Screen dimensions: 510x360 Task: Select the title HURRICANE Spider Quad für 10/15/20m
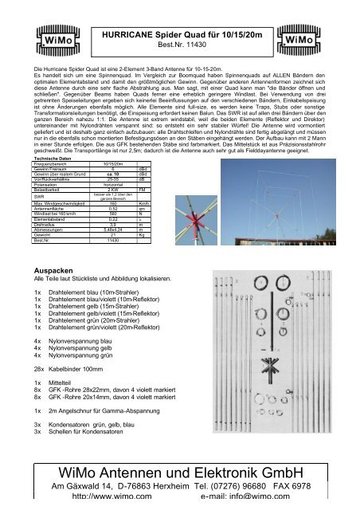tap(179, 33)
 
